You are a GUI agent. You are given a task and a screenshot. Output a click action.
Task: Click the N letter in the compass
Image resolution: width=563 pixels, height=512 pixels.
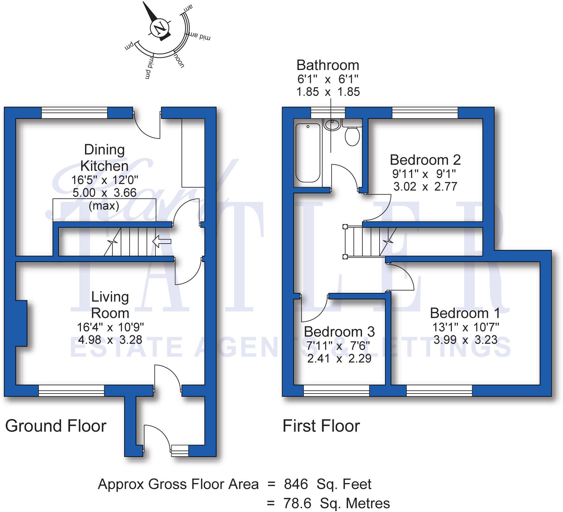coord(159,28)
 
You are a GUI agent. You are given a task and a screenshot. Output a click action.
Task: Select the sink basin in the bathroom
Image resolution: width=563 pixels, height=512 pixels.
coord(332,124)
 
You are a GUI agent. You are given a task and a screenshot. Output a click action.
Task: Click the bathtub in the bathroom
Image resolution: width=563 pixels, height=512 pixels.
coord(308,153)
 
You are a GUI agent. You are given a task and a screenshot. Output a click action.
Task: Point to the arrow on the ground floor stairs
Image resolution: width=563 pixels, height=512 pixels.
coord(162,241)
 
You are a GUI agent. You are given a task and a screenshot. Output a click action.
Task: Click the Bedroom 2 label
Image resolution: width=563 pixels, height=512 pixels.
coord(425,160)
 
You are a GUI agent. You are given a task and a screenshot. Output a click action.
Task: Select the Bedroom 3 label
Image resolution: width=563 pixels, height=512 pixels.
coord(339,332)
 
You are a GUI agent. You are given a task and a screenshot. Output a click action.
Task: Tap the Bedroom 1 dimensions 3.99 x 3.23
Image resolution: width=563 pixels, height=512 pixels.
coord(465,340)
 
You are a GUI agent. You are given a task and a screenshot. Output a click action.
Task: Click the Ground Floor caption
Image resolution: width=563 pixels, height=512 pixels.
coord(56,426)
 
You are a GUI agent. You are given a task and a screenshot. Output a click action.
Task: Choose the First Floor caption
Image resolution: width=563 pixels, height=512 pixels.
coord(321,426)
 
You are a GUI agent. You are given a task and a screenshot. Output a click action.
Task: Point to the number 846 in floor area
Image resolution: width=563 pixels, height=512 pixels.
coord(296,484)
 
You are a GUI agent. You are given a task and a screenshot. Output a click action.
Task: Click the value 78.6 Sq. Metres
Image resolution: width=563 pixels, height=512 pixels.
coord(336,503)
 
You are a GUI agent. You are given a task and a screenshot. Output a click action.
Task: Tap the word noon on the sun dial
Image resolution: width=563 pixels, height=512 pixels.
coord(179,60)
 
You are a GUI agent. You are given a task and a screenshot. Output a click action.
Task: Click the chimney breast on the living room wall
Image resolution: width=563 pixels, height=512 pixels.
coord(21,323)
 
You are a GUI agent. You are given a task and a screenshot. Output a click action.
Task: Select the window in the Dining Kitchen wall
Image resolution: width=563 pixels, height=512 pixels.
coord(74,113)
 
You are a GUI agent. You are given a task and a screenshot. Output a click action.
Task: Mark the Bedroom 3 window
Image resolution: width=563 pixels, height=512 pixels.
coord(336,390)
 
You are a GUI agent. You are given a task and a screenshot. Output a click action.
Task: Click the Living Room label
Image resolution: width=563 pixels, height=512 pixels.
coord(110,305)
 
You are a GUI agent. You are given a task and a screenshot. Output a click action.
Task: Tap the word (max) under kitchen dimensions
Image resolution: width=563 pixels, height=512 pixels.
coord(104,206)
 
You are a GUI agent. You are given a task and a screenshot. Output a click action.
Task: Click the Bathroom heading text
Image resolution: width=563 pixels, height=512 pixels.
coord(328,65)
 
